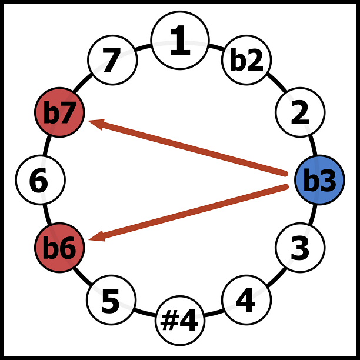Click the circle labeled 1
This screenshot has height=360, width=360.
(180, 40)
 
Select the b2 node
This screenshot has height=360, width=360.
(246, 60)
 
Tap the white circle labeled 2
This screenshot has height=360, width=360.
(300, 112)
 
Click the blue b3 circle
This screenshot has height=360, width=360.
(319, 180)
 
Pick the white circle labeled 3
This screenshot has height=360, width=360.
(300, 248)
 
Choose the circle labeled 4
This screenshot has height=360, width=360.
(246, 300)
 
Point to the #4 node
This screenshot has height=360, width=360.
(180, 321)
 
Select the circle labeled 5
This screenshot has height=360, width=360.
(111, 300)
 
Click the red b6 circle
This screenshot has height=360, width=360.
(59, 248)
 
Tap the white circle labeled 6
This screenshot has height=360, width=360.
(40, 180)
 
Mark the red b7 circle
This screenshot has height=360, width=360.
(59, 112)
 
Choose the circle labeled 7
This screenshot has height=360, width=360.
(112, 60)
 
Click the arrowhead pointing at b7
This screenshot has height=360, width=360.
(95, 123)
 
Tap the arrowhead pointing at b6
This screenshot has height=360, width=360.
(95, 238)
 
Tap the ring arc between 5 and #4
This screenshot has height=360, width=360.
(144, 314)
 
